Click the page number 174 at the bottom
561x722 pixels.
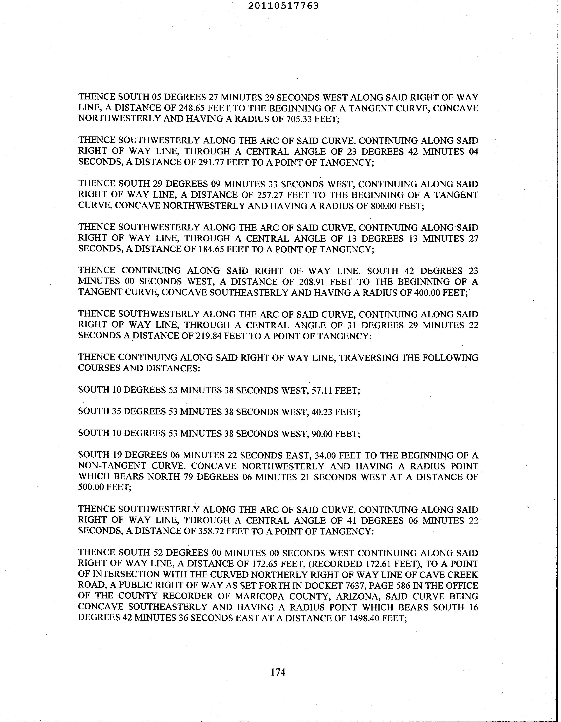278,672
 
